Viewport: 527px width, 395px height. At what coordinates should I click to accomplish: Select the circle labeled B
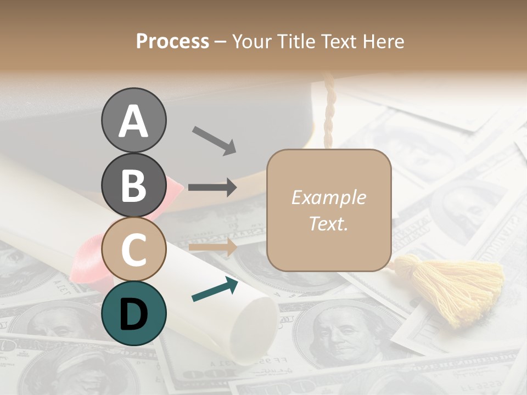point(133,185)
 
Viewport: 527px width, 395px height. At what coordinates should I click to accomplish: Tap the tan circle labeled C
point(133,249)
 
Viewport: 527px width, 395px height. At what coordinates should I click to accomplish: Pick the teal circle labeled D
point(133,313)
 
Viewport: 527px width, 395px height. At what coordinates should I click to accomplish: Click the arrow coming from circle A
point(214,140)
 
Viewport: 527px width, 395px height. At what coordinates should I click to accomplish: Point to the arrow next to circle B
point(212,187)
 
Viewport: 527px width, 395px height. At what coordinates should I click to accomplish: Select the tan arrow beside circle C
point(212,247)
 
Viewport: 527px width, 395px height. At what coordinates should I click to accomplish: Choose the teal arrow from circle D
point(215,289)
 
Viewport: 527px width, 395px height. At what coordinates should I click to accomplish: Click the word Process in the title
point(172,42)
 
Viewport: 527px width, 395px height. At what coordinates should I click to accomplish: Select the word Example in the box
point(328,198)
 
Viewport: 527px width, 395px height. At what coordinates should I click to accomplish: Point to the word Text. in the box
point(328,223)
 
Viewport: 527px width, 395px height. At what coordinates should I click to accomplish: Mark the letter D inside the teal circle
point(133,314)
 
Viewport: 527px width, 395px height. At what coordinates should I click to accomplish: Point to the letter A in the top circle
point(133,121)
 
